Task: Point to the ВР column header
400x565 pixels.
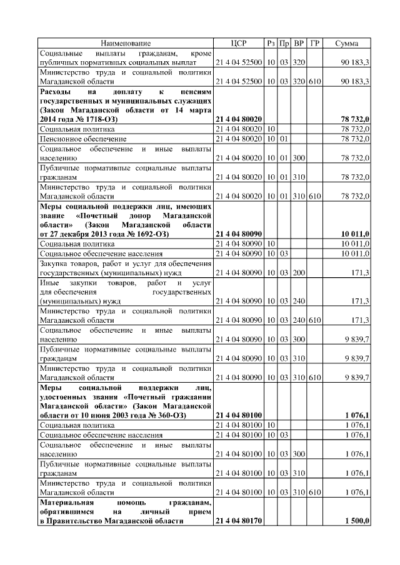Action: point(299,43)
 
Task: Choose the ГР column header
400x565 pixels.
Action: point(315,43)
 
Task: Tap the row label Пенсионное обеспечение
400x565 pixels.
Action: point(82,138)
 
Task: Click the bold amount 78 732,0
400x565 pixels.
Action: point(354,118)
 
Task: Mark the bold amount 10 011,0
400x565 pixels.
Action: point(354,233)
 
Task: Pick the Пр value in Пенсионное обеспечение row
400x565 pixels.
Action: point(284,138)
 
